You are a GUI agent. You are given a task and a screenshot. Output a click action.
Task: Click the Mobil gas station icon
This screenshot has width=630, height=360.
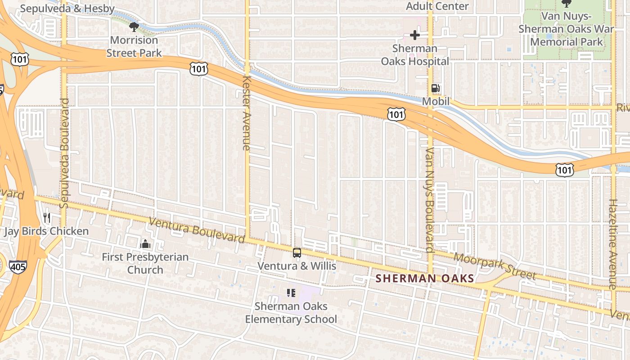(x=435, y=89)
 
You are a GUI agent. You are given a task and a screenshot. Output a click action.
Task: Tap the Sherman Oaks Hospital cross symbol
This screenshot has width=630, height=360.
(x=414, y=35)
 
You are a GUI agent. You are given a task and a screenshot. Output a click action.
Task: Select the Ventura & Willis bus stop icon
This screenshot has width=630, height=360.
(x=297, y=253)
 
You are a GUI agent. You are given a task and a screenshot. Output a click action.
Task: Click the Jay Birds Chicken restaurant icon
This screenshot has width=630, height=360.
(x=47, y=218)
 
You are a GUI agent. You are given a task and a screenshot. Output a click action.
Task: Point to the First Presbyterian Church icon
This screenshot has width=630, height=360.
(x=145, y=244)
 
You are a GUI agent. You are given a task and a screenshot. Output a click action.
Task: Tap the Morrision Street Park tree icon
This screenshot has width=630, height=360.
(x=134, y=27)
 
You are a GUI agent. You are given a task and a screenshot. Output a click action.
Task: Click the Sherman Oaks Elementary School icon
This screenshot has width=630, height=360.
(x=291, y=293)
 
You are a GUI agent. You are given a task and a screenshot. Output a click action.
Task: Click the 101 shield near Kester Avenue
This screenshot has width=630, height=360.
(x=198, y=68)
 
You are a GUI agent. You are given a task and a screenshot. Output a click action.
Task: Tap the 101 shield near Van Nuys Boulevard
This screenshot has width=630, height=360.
(x=396, y=114)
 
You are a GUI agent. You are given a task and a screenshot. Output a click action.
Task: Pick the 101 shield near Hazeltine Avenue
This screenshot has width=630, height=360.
(x=564, y=170)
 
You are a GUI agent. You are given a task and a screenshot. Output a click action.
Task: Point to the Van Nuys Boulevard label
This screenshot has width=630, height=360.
(x=429, y=200)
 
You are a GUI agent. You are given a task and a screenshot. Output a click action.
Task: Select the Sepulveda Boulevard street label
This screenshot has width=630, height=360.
(x=64, y=153)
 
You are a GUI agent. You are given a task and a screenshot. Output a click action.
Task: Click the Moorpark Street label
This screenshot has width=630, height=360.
(x=495, y=266)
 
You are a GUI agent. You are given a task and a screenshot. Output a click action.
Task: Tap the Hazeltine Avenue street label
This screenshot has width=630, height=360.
(x=612, y=244)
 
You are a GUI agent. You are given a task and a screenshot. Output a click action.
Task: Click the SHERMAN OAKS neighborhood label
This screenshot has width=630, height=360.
(x=425, y=279)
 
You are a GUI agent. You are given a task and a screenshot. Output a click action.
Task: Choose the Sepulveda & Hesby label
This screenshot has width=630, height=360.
(x=67, y=8)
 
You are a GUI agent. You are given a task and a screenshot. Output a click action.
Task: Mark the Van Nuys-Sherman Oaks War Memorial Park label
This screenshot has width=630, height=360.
(x=566, y=29)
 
